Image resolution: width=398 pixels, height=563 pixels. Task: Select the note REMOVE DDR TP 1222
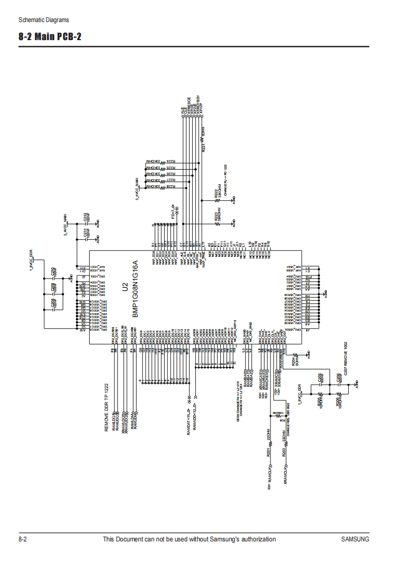click(106, 407)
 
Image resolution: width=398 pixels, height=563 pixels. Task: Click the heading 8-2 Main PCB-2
click(50, 38)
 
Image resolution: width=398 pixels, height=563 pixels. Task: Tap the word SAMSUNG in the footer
click(355, 539)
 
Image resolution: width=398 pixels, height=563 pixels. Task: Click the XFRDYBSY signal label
click(199, 103)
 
